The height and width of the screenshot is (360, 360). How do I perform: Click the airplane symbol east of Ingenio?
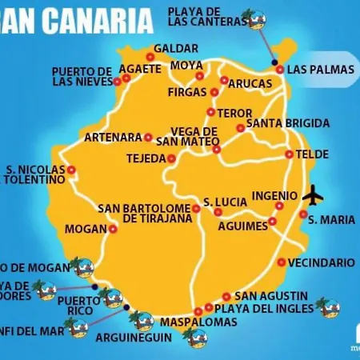pyautogui.click(x=313, y=194)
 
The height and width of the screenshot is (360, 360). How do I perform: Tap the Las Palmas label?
pyautogui.click(x=320, y=70)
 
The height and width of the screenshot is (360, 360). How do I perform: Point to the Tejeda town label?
pyautogui.click(x=145, y=158)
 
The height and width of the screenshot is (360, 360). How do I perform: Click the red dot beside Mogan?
pyautogui.click(x=112, y=229)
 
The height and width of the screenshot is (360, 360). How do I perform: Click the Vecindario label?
pyautogui.click(x=321, y=262)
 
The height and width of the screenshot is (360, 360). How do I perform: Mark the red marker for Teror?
pyautogui.click(x=211, y=112)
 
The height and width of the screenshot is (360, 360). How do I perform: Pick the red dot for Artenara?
pyautogui.click(x=148, y=137)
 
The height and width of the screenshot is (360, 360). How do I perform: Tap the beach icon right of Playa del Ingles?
pyautogui.click(x=326, y=306)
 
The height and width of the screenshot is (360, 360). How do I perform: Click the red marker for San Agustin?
pyautogui.click(x=226, y=295)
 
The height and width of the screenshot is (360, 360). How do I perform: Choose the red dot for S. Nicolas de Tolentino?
pyautogui.click(x=71, y=170)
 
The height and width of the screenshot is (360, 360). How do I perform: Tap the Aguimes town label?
pyautogui.click(x=242, y=226)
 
